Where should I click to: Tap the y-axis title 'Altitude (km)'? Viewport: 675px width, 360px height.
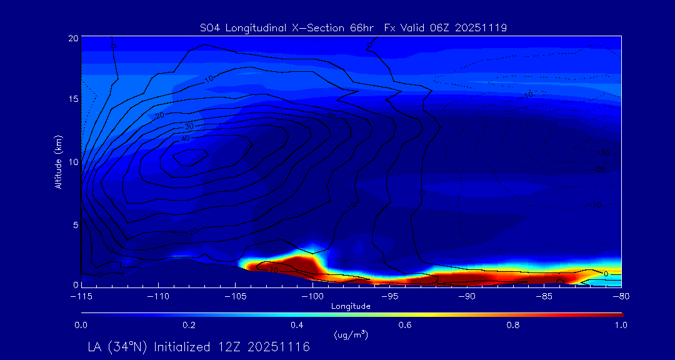58,161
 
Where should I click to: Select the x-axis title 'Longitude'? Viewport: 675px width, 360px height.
351,306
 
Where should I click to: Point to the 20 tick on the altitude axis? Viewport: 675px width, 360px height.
73,38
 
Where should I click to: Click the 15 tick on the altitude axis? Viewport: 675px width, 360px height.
73,99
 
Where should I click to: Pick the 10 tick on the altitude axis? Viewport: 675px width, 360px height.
73,161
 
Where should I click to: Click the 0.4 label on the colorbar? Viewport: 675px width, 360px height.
297,325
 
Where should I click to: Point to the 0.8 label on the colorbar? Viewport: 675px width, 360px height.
513,325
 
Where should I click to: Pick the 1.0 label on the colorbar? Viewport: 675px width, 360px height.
621,325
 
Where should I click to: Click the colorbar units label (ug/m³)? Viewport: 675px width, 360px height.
351,335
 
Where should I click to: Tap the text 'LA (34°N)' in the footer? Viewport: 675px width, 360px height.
119,347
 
